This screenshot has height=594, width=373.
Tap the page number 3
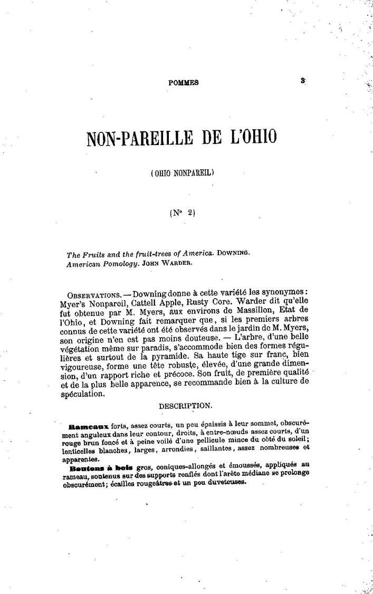(x=303, y=81)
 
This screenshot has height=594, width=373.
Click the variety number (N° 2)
(x=183, y=213)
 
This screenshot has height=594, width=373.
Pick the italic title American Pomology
(x=99, y=264)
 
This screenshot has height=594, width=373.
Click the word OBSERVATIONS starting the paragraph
(x=93, y=293)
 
